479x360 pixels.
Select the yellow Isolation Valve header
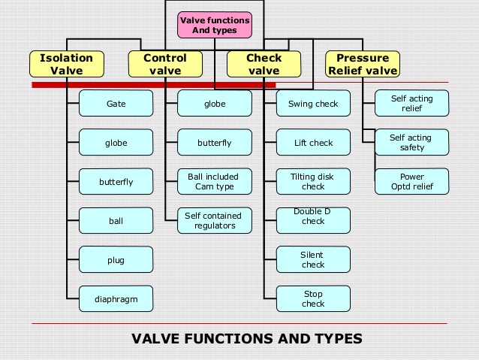(66, 64)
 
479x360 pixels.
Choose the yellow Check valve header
(264, 64)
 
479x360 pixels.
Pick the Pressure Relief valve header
(362, 64)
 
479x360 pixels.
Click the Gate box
(116, 104)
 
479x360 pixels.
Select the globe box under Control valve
(214, 104)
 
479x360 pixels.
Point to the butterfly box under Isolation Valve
(116, 182)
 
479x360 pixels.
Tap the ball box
(116, 221)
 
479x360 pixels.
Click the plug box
(116, 260)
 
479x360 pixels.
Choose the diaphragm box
(116, 299)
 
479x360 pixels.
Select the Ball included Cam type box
(214, 182)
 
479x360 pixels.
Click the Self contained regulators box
(214, 220)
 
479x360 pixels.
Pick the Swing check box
(313, 104)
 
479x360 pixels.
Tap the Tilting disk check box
(313, 182)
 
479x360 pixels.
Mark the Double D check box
(313, 221)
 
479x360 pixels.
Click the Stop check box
(313, 299)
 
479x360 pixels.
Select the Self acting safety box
(411, 143)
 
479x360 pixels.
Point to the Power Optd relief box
(411, 182)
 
